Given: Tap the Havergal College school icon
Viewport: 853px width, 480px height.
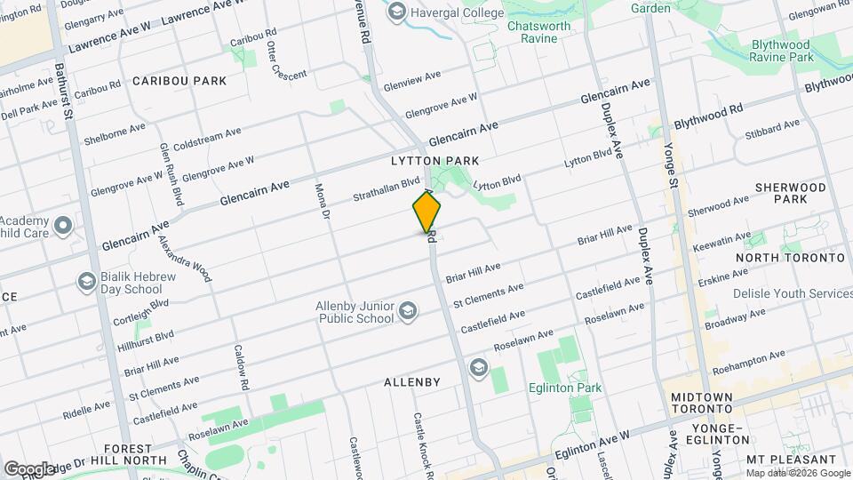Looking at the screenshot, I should coord(396,12).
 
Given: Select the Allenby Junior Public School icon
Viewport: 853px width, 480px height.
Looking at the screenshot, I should coord(407,309).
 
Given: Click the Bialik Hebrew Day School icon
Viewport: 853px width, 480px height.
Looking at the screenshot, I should coord(86,283).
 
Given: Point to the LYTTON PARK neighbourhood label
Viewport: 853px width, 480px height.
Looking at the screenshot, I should coord(435,161).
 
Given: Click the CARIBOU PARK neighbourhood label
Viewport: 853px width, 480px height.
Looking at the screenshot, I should coord(179,81).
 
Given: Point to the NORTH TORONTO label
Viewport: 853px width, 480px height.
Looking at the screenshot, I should coord(790,258).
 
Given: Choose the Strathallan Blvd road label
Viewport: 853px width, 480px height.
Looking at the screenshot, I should coord(386,188).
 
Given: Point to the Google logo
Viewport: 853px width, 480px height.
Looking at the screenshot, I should coord(29,468).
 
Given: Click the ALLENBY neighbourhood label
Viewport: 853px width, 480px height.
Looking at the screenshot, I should coord(412,382).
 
